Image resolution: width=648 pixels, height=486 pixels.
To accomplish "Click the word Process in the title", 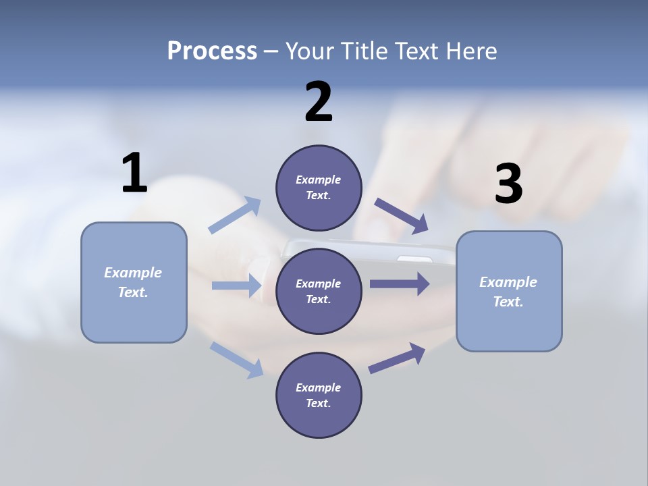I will click(212, 51).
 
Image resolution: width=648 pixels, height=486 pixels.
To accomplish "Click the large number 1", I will click(134, 173).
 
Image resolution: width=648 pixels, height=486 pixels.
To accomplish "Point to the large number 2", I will click(319, 102).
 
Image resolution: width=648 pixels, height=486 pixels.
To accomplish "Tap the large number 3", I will click(508, 184).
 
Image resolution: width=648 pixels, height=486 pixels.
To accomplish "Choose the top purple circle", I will click(319, 188).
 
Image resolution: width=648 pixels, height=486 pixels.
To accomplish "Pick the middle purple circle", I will click(319, 291).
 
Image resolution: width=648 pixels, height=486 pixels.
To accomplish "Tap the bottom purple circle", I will click(319, 395).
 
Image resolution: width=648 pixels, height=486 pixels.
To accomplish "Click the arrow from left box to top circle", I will click(235, 215).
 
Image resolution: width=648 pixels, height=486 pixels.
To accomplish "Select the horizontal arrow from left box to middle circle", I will click(236, 286).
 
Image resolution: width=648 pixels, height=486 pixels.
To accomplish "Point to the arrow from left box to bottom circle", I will click(236, 359).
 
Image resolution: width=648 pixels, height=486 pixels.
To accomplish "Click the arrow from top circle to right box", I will click(401, 215).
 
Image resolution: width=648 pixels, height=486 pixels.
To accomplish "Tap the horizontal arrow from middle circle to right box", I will click(400, 283).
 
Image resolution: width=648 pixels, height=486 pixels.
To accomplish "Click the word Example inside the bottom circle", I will click(319, 387).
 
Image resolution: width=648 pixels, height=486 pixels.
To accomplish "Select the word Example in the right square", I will click(508, 282).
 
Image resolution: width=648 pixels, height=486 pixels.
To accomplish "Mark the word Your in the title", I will click(309, 51).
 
